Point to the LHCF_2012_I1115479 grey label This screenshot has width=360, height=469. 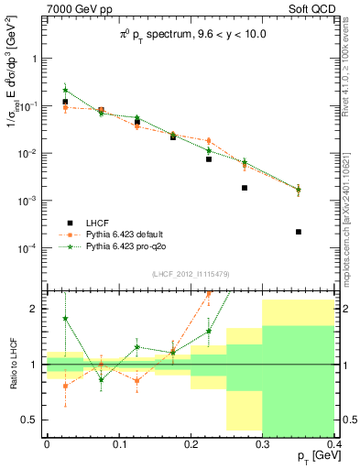(191, 273)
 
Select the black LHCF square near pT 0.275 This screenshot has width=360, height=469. (245, 188)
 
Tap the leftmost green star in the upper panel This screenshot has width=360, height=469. (65, 90)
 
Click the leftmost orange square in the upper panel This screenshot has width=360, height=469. (65, 107)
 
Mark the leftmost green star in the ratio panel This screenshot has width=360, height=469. (65, 319)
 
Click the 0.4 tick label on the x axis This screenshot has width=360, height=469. (333, 443)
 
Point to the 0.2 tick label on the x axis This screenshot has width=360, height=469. (191, 443)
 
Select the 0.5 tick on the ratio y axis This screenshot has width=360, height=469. (34, 420)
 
